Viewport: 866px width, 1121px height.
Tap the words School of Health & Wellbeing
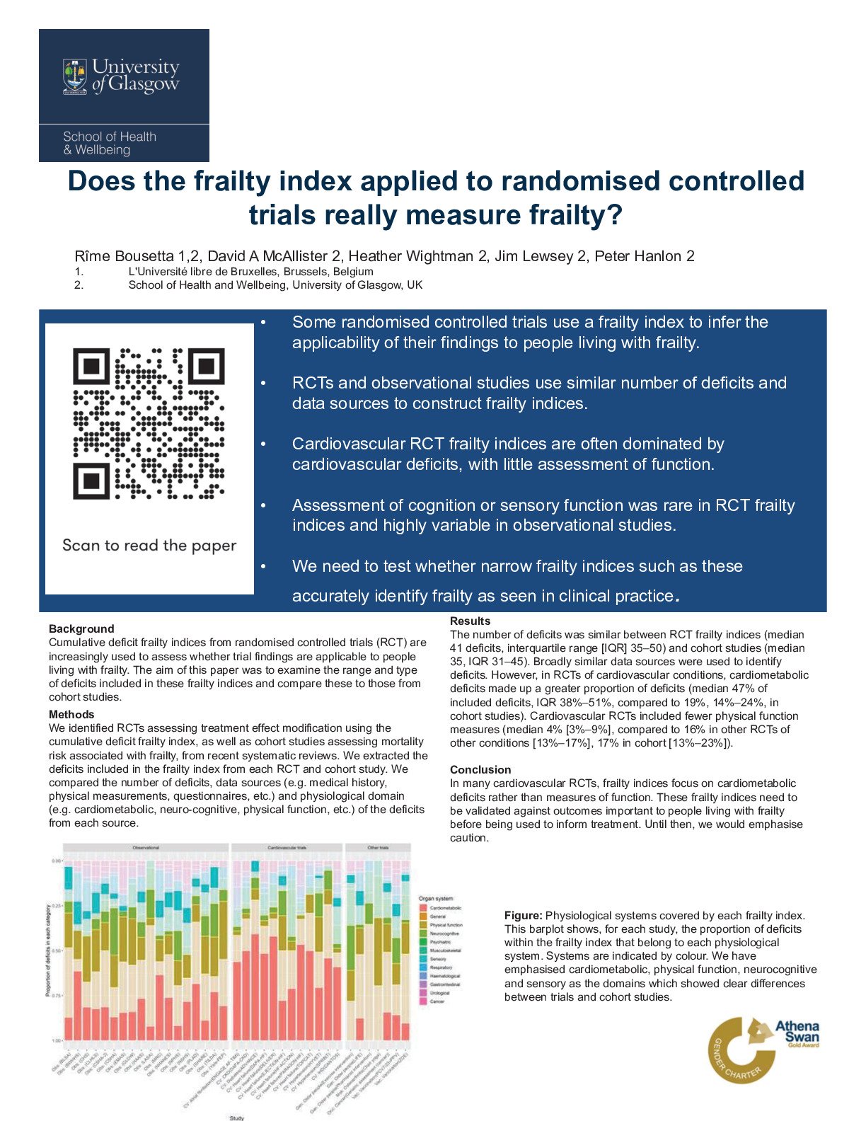[110, 143]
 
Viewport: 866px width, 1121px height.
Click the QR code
[149, 423]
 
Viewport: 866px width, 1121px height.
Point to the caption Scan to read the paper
[149, 546]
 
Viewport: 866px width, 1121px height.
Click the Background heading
[81, 628]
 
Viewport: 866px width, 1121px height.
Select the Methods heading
[71, 714]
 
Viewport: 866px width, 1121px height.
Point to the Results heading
[470, 621]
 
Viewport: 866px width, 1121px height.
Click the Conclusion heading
[480, 769]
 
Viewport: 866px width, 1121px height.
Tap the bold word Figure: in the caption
[523, 915]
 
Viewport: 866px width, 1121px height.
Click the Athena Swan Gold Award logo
[765, 1050]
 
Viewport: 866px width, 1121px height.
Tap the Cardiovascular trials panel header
[287, 847]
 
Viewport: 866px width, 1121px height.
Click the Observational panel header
[146, 847]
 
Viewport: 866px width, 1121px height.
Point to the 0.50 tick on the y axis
[56, 950]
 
